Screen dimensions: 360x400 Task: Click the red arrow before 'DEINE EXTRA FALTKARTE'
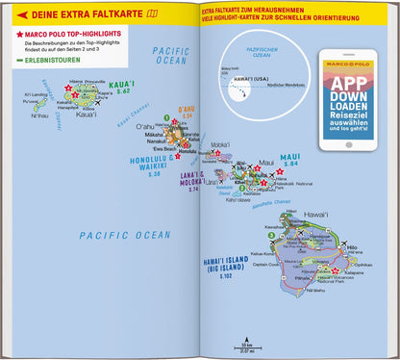pyautogui.click(x=9, y=12)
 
